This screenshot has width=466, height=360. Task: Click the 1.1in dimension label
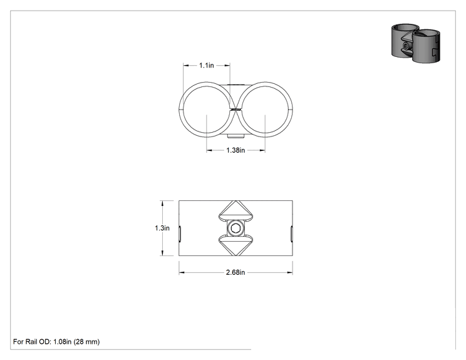tap(207, 65)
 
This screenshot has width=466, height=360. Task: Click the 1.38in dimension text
tap(236, 150)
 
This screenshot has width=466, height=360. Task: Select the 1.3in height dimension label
tap(162, 228)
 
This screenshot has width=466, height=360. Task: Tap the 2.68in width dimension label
tap(236, 272)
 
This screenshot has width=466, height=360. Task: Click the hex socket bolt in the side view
tap(236, 228)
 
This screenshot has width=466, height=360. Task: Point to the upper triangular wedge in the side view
tap(236, 210)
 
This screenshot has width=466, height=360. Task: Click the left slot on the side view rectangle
tap(180, 234)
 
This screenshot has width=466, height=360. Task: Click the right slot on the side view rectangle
tap(291, 234)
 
